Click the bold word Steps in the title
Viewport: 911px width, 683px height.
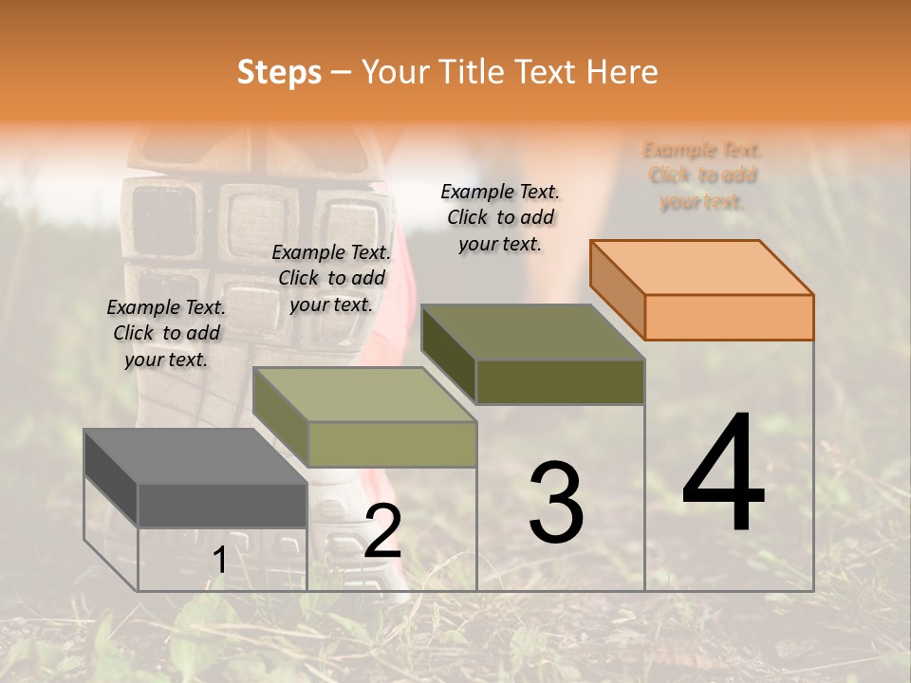(x=279, y=72)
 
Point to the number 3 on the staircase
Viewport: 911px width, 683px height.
(x=555, y=503)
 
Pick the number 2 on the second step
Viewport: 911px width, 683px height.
(x=382, y=532)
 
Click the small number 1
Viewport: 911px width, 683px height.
(x=219, y=562)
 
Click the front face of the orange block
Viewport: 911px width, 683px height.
(x=729, y=317)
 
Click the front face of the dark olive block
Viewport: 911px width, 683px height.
(x=560, y=381)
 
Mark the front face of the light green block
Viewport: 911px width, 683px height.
(x=392, y=444)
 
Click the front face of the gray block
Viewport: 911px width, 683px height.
(x=222, y=505)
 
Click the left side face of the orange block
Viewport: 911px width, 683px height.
(x=618, y=289)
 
